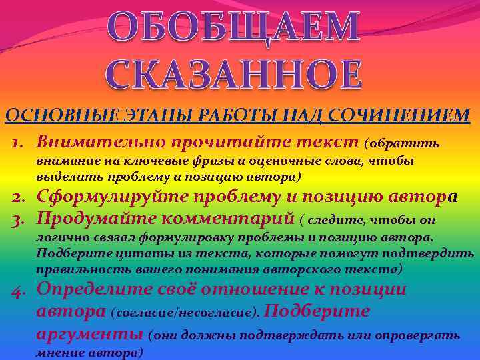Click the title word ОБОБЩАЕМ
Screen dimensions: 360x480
click(234, 28)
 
